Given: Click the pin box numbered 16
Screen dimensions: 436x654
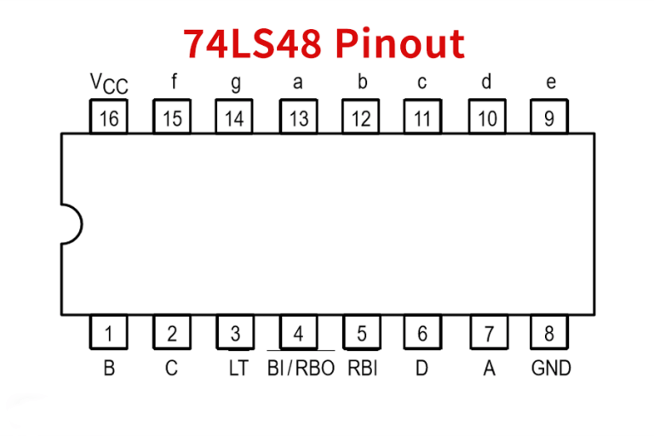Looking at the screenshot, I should (109, 118).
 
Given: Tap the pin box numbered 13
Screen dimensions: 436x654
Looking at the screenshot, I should (298, 118).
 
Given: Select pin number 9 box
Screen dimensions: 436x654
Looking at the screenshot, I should (549, 118).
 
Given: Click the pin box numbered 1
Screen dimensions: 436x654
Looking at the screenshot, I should (109, 333).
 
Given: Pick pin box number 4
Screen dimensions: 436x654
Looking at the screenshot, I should (298, 333).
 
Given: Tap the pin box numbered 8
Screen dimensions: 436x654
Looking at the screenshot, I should (549, 333).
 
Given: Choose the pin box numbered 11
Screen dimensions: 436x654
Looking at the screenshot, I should (422, 118).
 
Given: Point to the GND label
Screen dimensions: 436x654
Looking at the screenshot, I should (551, 369).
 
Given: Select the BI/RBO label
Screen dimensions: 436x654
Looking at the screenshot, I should (301, 369).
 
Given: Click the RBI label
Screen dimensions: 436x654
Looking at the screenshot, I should (362, 369).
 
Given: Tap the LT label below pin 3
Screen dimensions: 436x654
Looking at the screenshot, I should (238, 369).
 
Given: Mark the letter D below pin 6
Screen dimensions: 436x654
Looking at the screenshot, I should (422, 369).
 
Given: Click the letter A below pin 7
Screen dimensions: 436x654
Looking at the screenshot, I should (488, 369).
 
